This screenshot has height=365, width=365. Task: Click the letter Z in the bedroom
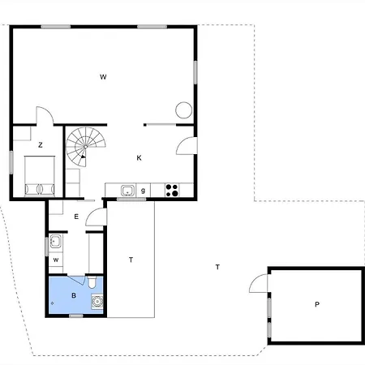40,144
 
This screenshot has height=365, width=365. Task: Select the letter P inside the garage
316,304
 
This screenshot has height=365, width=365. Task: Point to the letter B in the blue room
74,295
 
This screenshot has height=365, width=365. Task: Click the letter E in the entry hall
76,217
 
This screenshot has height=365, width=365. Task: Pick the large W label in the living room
103,77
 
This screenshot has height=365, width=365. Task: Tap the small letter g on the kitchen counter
144,191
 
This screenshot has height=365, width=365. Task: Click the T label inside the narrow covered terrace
131,260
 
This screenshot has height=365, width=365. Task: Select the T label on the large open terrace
217,267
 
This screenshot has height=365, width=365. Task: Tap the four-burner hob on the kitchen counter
172,191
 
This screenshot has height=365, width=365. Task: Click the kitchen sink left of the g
127,191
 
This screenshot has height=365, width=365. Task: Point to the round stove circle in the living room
184,109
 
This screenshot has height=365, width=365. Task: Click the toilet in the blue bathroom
95,283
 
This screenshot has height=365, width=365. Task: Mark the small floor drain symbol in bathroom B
54,303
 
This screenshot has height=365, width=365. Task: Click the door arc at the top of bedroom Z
45,116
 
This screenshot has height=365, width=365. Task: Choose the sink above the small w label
55,241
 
